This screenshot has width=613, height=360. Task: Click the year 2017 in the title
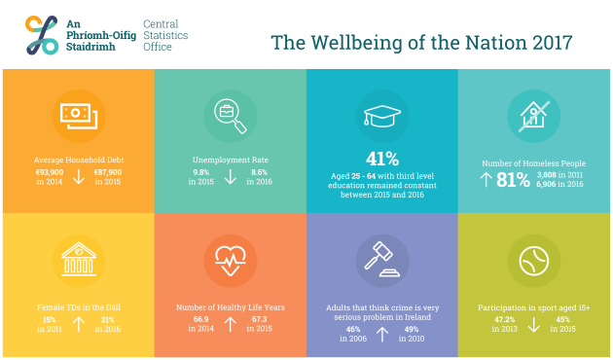click(550, 43)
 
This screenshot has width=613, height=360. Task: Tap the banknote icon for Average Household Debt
click(78, 115)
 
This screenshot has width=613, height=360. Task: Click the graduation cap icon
click(382, 114)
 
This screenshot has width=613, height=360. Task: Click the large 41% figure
click(382, 159)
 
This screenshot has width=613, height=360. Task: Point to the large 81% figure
click(513, 179)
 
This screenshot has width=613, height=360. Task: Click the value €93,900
click(49, 171)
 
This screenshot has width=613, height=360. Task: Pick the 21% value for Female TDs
click(107, 320)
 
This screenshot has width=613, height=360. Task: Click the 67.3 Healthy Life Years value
click(260, 319)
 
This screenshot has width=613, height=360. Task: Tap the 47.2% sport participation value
click(505, 319)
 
